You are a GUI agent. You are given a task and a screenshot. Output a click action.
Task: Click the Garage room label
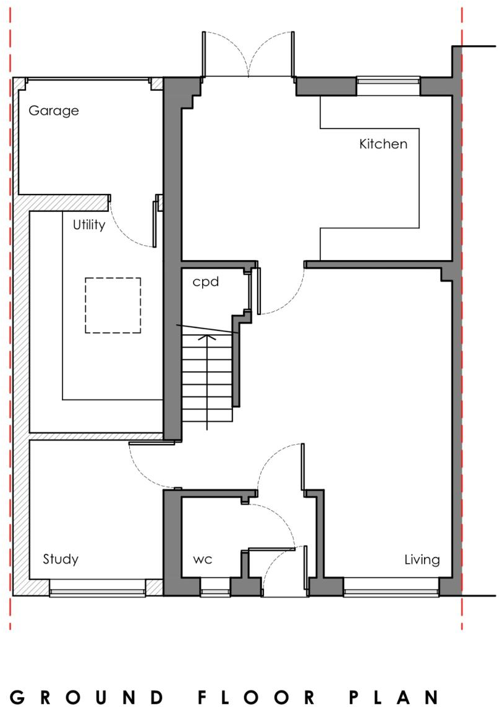tap(54, 111)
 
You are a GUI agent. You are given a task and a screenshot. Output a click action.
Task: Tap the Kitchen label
tap(383, 144)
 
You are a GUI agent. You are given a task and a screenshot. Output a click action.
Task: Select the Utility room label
tap(89, 225)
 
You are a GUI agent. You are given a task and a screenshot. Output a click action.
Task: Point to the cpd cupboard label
tap(205, 282)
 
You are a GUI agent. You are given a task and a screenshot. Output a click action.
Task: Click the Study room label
tap(61, 559)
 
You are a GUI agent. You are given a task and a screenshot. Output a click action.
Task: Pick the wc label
tap(203, 559)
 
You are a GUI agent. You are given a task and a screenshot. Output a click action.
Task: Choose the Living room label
tap(422, 560)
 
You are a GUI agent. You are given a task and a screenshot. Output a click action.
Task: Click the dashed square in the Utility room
tap(113, 305)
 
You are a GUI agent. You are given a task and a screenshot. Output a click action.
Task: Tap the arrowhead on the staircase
tap(207, 337)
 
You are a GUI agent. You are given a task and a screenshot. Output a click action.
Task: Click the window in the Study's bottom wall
tap(98, 588)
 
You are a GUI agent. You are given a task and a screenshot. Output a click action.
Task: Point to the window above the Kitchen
tap(388, 86)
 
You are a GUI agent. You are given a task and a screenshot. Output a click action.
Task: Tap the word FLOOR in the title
tap(256, 697)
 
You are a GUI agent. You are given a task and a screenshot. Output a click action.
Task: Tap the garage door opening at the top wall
tap(88, 80)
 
